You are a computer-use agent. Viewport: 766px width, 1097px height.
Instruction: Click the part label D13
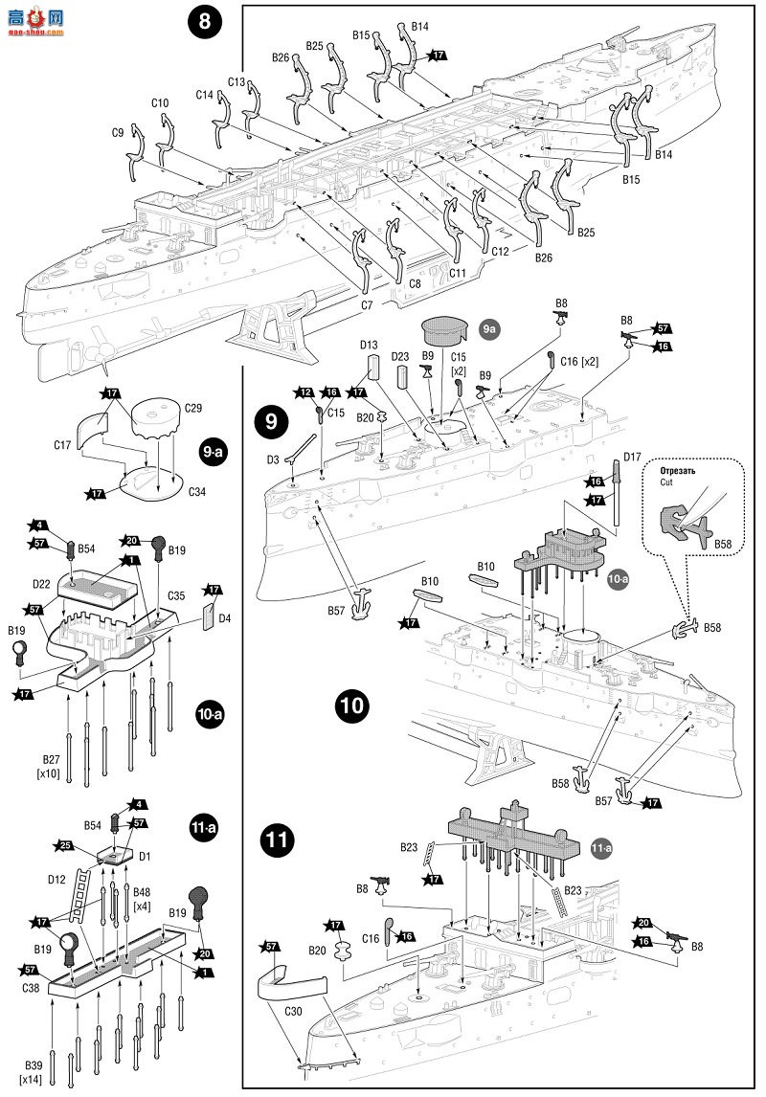[x=370, y=346]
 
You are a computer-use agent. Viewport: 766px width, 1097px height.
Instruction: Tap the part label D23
[x=401, y=356]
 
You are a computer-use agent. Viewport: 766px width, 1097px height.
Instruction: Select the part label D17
[x=632, y=457]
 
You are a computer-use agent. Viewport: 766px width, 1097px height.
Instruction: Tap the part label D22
[x=40, y=584]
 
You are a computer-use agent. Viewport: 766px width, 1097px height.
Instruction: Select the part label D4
[x=225, y=618]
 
